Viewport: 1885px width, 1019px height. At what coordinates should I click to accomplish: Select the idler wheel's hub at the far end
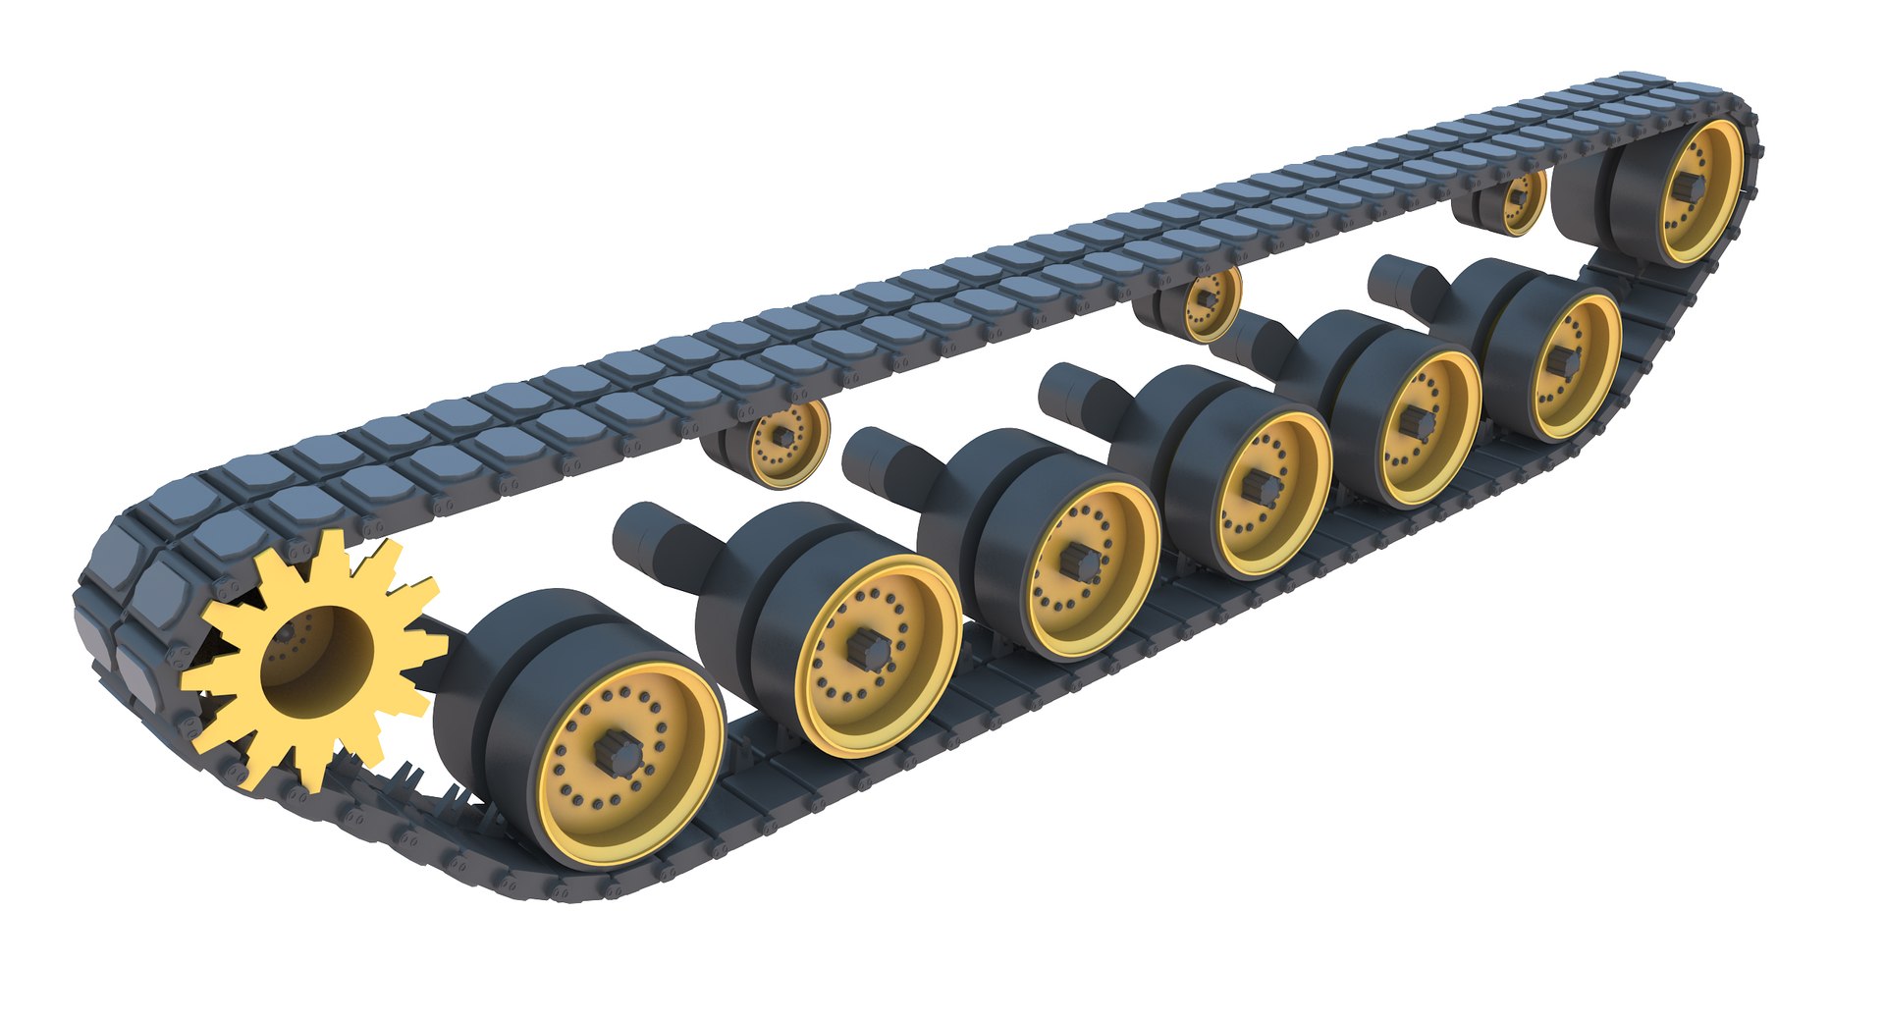1695,188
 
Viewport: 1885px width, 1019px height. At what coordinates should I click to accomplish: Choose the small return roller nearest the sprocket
782,439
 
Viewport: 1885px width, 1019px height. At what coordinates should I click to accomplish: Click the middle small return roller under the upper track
1204,298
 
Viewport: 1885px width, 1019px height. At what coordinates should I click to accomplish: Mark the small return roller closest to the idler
1517,197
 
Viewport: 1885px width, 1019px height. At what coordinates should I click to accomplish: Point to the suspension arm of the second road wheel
652,537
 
